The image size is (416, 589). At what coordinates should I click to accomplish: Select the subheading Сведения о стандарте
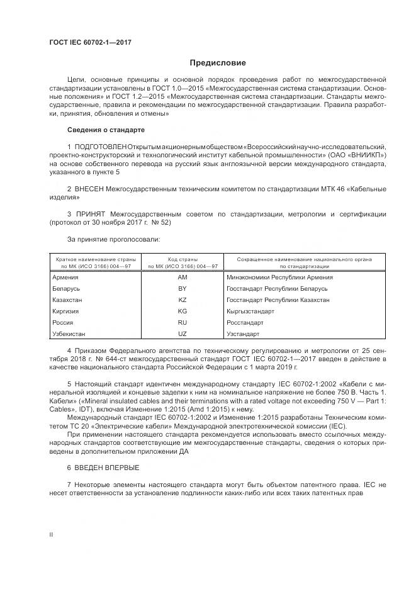tap(106, 130)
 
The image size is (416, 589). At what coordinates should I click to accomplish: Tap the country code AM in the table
tap(183, 277)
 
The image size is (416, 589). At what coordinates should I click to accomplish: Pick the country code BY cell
tap(183, 288)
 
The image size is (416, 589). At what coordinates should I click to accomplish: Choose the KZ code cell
tap(183, 300)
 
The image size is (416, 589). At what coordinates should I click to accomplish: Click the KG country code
tap(183, 311)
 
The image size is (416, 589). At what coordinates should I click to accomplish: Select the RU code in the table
tap(183, 322)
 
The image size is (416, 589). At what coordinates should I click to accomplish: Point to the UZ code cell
tap(183, 334)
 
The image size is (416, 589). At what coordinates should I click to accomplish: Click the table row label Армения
tap(65, 277)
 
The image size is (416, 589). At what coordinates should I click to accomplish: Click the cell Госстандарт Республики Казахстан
tap(278, 300)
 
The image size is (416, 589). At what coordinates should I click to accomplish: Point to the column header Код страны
tap(183, 259)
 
